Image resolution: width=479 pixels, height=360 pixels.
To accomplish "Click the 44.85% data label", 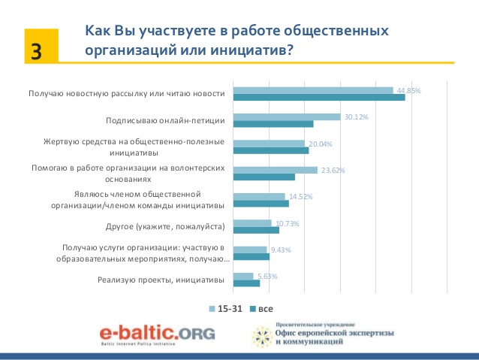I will [408, 90].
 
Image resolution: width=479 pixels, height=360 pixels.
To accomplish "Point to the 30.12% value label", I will [355, 117].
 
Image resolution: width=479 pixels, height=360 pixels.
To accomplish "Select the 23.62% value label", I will [332, 170].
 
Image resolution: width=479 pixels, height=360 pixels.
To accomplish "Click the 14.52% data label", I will [300, 196].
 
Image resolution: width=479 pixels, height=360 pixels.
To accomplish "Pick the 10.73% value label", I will [286, 223].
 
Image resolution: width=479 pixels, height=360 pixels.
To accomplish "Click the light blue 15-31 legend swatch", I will [212, 309].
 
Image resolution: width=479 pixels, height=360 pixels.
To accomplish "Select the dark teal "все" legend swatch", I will [253, 309].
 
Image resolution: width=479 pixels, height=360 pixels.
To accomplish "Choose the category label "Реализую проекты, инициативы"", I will [161, 280].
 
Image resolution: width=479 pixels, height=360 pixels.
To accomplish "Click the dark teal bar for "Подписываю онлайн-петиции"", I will [273, 124].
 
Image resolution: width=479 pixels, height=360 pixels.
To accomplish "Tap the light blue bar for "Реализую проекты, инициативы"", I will [243, 277].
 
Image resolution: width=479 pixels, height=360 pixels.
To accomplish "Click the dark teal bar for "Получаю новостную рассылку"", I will [319, 97].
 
